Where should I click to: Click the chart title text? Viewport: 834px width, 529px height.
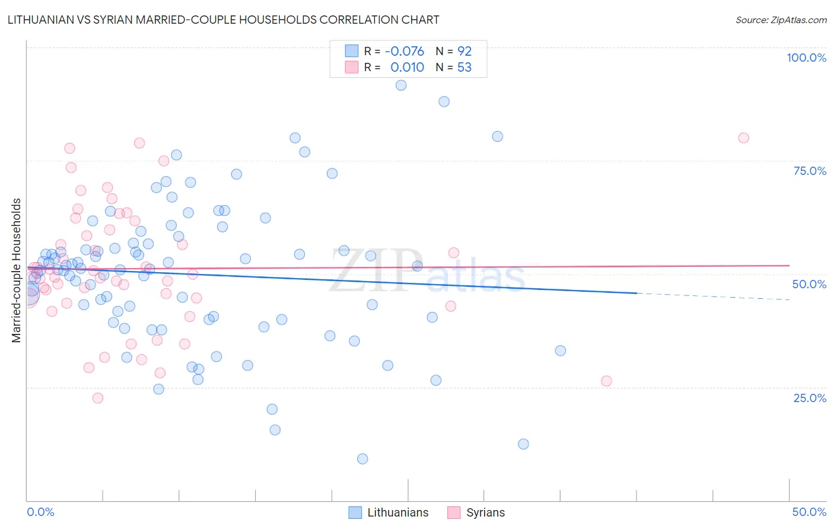point(224,20)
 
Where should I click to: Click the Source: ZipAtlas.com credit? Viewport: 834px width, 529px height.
point(781,20)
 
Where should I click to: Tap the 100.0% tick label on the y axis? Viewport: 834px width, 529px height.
point(806,58)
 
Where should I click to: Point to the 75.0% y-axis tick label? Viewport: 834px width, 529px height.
point(810,171)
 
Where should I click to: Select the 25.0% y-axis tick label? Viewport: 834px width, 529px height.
point(810,398)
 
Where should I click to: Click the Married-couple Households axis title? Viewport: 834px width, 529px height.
point(17,270)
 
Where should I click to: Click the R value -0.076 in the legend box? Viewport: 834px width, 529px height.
point(405,52)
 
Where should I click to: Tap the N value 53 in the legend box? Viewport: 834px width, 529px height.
point(464,68)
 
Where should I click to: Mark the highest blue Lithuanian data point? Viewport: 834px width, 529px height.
point(401,85)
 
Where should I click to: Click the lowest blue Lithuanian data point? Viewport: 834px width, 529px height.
point(362,458)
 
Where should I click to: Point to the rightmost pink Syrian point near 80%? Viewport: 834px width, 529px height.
point(743,138)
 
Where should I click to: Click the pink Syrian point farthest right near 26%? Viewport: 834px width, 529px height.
point(606,381)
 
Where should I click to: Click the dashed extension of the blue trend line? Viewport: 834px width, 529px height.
point(712,297)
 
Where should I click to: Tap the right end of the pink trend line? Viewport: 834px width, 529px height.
point(789,266)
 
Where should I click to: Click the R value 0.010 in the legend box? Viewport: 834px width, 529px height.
point(407,68)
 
